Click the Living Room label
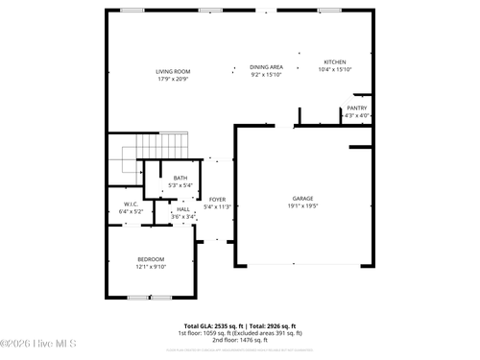pos(174,71)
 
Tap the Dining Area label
pos(266,67)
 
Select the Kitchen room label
pos(335,62)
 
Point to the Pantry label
pos(356,108)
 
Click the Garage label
pos(303,199)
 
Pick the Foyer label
pos(218,199)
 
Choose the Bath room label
pos(180,178)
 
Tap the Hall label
pos(183,209)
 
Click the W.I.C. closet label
pos(130,204)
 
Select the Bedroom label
pos(151,259)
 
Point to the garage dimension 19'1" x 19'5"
pos(303,205)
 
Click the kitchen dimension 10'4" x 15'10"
pos(335,69)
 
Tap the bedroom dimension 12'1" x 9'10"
pos(151,267)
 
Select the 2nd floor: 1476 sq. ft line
pos(239,340)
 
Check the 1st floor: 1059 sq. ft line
pos(239,333)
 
